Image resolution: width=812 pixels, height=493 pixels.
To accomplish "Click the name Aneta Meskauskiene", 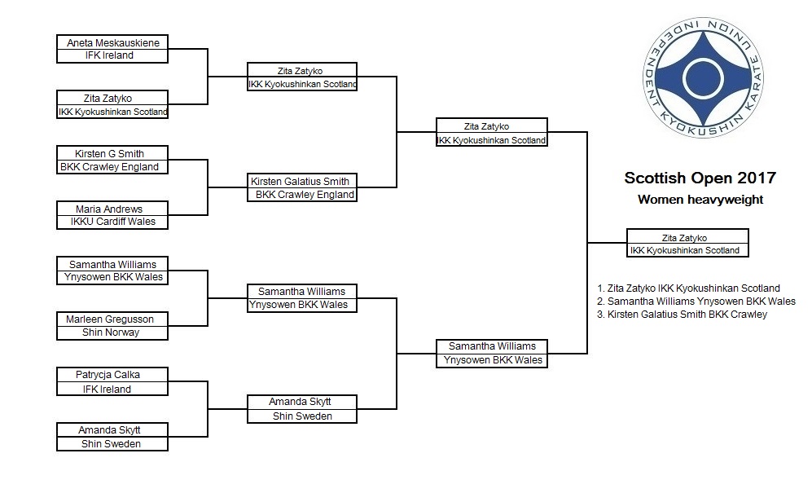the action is coord(113,42).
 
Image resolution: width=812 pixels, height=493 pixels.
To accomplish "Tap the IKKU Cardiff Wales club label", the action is coord(113,222).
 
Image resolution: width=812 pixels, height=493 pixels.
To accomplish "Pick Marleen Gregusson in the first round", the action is coord(110,319).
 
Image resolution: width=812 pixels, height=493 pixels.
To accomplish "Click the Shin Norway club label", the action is coord(111,332).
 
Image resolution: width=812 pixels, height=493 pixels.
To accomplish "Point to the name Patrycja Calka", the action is coord(108,374).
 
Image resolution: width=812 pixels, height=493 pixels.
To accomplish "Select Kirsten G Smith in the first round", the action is coord(109,153).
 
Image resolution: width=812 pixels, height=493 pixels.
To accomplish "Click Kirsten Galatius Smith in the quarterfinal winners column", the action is coord(300,181).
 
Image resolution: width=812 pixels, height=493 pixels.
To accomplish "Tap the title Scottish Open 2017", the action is coord(700,178).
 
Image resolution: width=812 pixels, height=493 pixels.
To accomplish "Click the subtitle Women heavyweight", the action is coord(700,200).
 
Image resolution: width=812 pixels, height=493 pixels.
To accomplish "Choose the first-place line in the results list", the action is coord(688,288).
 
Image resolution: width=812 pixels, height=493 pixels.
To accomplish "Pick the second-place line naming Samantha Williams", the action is coord(696,302).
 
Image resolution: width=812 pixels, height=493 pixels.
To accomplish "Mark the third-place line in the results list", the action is coord(682,315).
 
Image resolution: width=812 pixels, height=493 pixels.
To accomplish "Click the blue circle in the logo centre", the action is coord(703,78).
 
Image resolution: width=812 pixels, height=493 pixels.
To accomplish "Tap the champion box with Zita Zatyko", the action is coord(687,243).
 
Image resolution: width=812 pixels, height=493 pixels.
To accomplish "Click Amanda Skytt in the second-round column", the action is coord(300,402).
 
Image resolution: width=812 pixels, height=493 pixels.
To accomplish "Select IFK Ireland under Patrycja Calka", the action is coord(107,390).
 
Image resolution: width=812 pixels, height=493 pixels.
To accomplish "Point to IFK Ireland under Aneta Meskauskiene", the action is coord(109,55).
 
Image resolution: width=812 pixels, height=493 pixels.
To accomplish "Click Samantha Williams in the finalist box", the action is coord(492,346).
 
